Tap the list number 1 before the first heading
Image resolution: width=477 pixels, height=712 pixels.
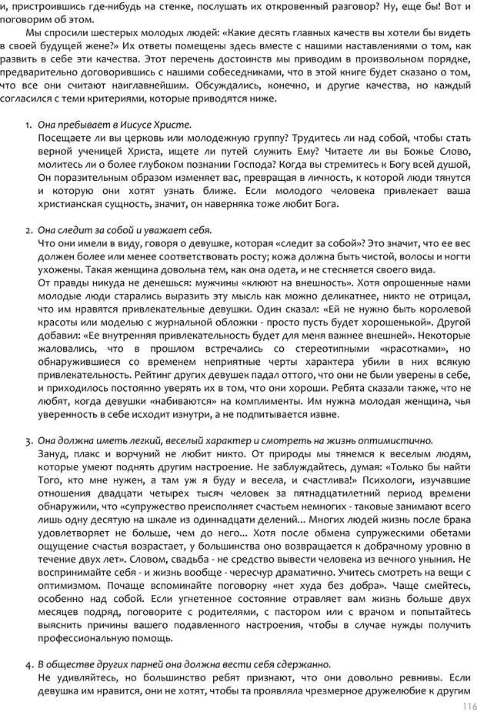(28, 125)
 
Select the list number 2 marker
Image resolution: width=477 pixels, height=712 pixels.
(28, 230)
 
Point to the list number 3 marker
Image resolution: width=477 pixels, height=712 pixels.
(28, 441)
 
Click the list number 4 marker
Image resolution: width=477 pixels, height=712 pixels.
(28, 664)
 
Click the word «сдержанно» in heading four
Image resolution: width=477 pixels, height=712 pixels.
(304, 664)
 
